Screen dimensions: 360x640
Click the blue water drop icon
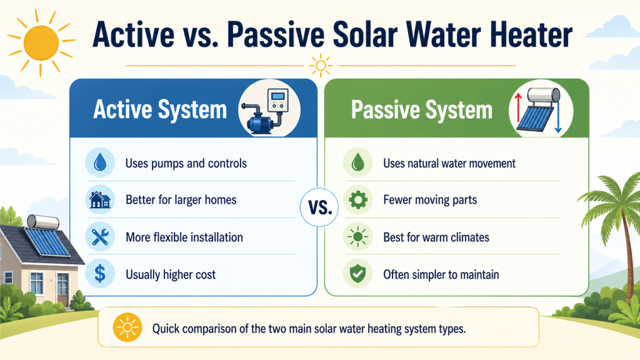[x=99, y=164]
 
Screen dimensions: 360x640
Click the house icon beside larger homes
[x=99, y=201]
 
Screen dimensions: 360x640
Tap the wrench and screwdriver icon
[x=99, y=237]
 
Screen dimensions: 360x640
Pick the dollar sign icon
[x=99, y=274]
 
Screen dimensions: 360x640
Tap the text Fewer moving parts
[x=430, y=201]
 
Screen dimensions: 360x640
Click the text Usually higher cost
[x=171, y=274]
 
